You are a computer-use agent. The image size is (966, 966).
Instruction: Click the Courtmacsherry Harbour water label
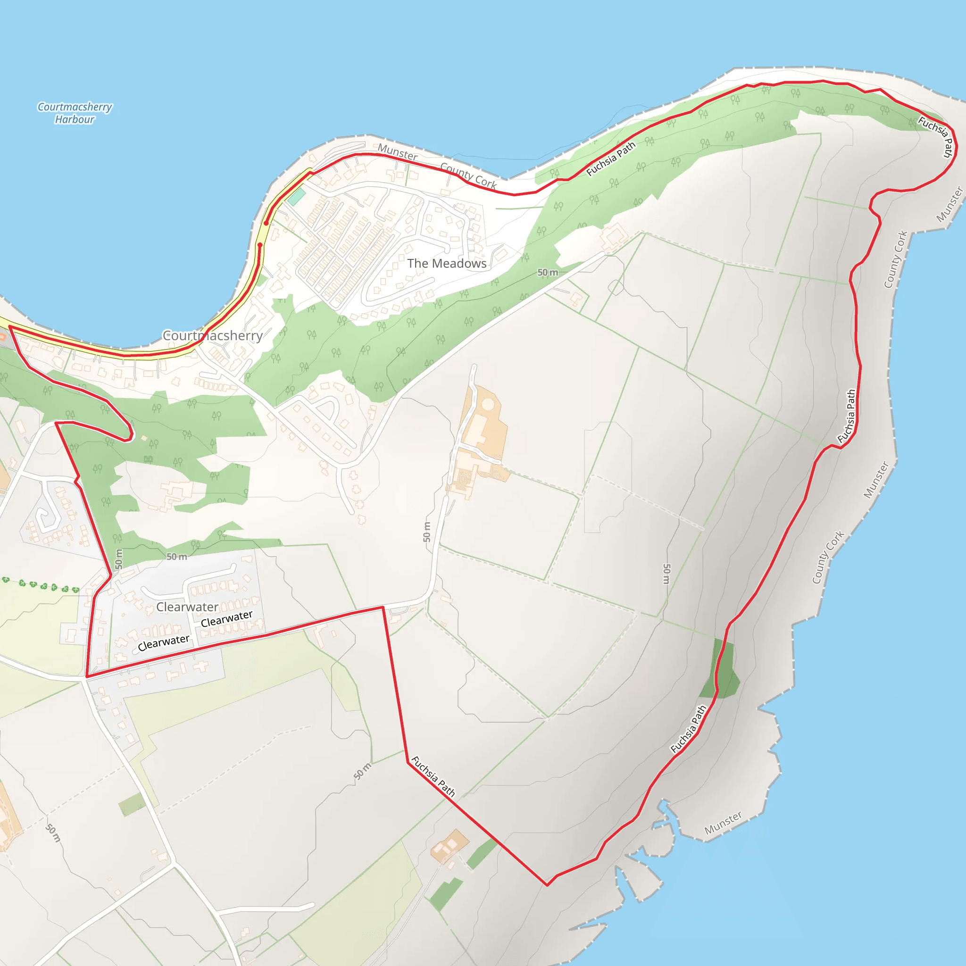click(75, 113)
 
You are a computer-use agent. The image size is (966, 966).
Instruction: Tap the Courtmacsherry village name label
click(213, 335)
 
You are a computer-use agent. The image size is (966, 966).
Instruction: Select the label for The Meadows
click(447, 264)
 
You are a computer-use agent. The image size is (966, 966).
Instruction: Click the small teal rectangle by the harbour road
click(296, 196)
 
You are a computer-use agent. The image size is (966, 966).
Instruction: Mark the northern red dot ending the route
click(266, 224)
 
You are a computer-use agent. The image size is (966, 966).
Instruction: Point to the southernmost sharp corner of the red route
click(547, 885)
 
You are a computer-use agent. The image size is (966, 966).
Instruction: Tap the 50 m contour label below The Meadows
click(548, 273)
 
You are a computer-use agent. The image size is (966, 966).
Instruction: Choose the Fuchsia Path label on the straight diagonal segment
click(433, 776)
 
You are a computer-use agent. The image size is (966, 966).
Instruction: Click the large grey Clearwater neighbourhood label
click(187, 607)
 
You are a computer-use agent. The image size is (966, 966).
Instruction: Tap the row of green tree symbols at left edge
click(40, 585)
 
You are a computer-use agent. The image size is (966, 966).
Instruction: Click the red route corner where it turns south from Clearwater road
click(383, 608)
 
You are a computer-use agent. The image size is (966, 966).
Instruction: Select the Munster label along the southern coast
click(723, 823)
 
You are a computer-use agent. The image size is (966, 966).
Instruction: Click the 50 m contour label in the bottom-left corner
click(53, 833)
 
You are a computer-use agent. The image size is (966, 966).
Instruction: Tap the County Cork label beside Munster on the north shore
click(468, 175)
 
